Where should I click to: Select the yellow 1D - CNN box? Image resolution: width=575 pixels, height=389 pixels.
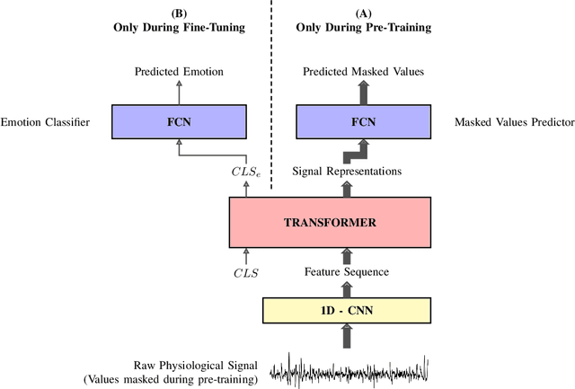(346, 310)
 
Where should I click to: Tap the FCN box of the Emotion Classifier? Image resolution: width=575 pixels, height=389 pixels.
(179, 120)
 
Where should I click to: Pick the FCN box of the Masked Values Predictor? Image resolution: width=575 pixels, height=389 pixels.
(363, 120)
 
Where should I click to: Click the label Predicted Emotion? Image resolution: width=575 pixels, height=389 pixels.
(179, 71)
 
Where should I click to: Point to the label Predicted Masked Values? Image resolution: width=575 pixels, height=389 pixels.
(363, 71)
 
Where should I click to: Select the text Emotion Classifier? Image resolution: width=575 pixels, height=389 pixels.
(46, 121)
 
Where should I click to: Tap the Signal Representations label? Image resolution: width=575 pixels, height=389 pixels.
(346, 171)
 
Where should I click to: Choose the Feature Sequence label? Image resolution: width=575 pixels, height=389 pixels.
(346, 270)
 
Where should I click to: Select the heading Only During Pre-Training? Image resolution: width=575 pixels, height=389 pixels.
(363, 28)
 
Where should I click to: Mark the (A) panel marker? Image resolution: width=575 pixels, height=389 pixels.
(363, 13)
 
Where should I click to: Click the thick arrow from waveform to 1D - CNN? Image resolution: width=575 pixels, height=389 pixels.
(346, 338)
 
